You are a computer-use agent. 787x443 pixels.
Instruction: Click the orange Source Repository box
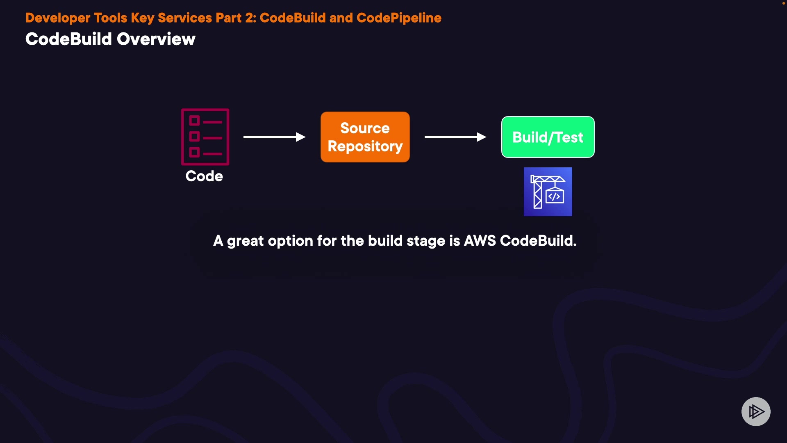pyautogui.click(x=365, y=137)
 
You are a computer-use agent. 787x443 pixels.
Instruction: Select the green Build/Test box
pyautogui.click(x=548, y=137)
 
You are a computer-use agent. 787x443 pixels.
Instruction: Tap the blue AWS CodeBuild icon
pyautogui.click(x=548, y=192)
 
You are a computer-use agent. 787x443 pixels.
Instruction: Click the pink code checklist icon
pyautogui.click(x=205, y=137)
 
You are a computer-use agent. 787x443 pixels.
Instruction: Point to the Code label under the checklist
pyautogui.click(x=204, y=176)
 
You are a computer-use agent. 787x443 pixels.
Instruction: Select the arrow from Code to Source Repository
pyautogui.click(x=275, y=137)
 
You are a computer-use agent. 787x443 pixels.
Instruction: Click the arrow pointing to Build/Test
pyautogui.click(x=455, y=137)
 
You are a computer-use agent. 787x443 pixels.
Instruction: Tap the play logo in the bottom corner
pyautogui.click(x=756, y=411)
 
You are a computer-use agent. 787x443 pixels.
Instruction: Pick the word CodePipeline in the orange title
pyautogui.click(x=399, y=18)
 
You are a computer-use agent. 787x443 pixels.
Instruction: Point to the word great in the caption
pyautogui.click(x=245, y=241)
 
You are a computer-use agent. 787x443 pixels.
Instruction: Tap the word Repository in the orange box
pyautogui.click(x=365, y=147)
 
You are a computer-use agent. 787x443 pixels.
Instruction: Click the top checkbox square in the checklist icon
pyautogui.click(x=194, y=121)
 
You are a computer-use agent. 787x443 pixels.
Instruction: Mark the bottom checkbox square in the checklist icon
pyautogui.click(x=194, y=152)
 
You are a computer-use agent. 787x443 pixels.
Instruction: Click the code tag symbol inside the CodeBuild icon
pyautogui.click(x=554, y=196)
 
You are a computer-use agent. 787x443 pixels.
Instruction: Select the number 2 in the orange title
pyautogui.click(x=249, y=18)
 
